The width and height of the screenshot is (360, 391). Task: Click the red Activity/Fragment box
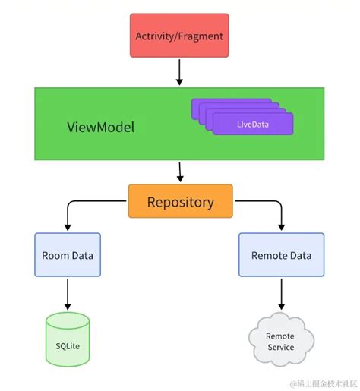[179, 36]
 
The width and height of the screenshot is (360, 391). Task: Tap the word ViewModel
[101, 127]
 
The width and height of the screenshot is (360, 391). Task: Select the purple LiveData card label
[251, 123]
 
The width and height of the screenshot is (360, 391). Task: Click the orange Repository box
[180, 202]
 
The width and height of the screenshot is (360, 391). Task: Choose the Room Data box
[68, 256]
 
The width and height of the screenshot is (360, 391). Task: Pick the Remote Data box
[281, 256]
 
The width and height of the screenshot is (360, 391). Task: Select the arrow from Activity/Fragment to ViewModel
[179, 71]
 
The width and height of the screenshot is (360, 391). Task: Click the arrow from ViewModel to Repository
[179, 172]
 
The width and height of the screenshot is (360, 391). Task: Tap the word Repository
[180, 202]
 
